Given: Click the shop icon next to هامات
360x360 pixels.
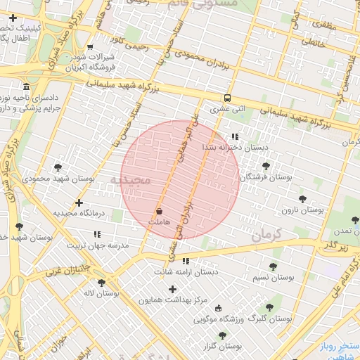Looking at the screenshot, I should [159, 210].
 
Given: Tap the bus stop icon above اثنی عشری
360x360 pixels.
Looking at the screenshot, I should [227, 98].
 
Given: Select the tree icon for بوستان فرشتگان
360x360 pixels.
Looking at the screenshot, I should [266, 166].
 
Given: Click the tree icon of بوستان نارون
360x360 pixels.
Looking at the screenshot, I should [302, 199].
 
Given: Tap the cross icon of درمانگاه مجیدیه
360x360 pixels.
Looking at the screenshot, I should [78, 202].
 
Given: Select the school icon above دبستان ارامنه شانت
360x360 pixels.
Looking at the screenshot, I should [186, 261].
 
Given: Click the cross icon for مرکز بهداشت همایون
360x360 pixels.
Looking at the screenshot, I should [172, 289].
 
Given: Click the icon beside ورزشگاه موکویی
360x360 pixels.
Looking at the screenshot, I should [218, 308].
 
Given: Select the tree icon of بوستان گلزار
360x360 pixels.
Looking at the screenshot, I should [222, 335].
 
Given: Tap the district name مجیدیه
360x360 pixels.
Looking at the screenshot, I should [130, 181].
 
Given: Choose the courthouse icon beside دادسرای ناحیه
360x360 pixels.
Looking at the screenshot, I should [26, 86].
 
